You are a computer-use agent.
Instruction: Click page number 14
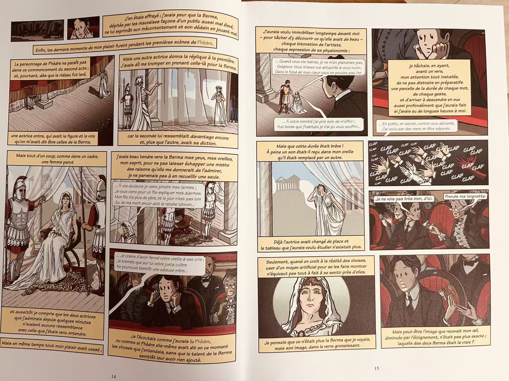click(x=114, y=377)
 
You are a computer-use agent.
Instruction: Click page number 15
click(x=376, y=368)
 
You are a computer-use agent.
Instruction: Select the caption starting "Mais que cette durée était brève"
click(x=310, y=151)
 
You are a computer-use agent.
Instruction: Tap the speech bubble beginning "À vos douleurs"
click(x=158, y=196)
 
